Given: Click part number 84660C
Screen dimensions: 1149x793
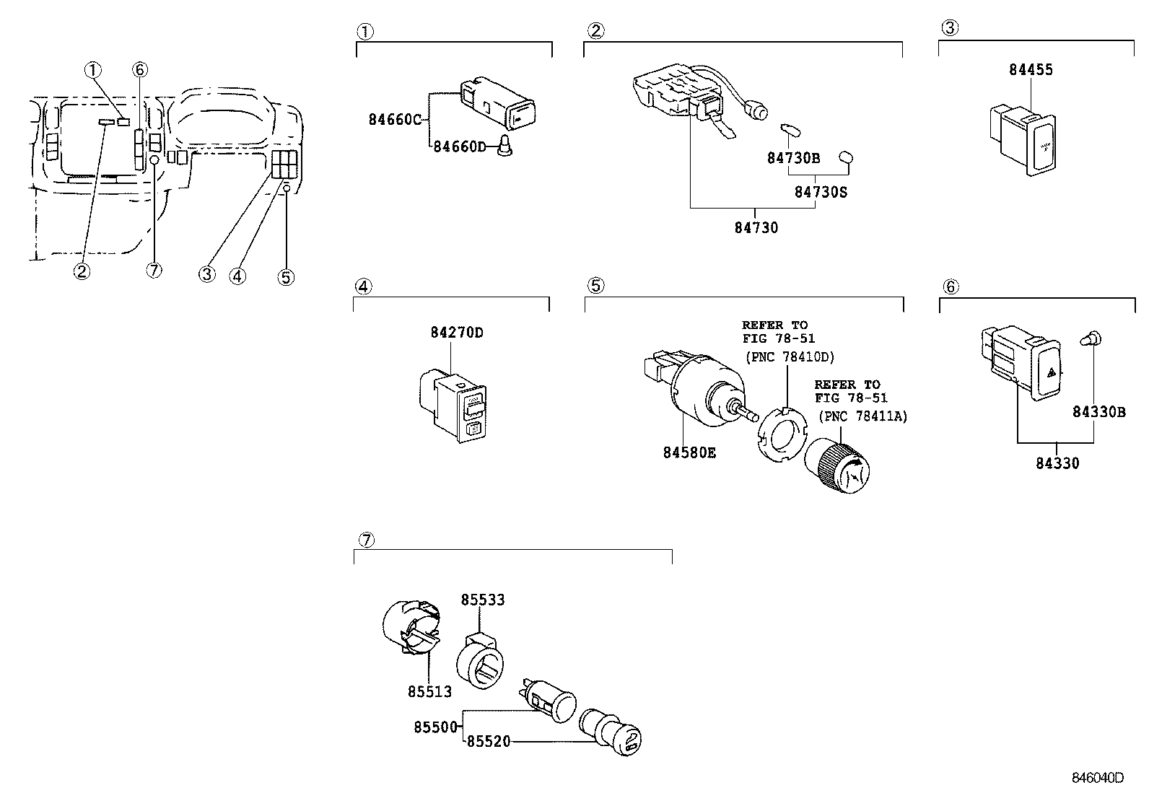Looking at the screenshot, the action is (x=395, y=120).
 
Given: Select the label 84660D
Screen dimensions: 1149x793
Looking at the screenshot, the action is (x=460, y=146).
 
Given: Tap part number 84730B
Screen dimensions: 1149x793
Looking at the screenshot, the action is (x=793, y=158).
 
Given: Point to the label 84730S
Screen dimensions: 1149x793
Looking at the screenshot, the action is (x=821, y=192).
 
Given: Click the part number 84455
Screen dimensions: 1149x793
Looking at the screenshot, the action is (x=1031, y=70).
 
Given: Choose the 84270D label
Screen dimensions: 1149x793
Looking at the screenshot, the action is (x=457, y=333).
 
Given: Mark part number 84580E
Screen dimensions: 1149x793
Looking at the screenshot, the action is (x=689, y=452).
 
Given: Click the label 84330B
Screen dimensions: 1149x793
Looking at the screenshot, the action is (x=1098, y=412).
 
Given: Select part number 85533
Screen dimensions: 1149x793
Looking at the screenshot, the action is (x=483, y=600).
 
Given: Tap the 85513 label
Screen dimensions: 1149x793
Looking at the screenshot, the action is (x=430, y=691).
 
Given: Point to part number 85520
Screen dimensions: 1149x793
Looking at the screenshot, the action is (x=489, y=741).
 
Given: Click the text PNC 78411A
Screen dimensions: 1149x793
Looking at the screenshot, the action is (x=864, y=416).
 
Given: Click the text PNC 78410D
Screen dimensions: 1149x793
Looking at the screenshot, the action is (x=790, y=356).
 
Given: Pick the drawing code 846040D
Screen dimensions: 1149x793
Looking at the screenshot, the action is (x=1097, y=778).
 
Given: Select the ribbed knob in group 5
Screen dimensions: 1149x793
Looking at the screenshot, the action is (x=837, y=466).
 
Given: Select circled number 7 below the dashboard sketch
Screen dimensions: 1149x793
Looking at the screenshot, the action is (x=154, y=270).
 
